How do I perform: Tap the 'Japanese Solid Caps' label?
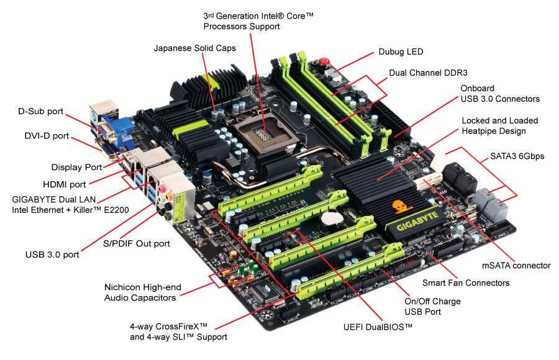point(194,48)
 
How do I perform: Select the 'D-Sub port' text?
point(40,112)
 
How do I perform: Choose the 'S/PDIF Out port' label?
point(136,244)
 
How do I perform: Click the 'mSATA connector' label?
point(516,265)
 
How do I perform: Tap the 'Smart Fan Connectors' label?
point(466,282)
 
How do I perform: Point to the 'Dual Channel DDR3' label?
point(428,73)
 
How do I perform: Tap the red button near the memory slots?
point(324,63)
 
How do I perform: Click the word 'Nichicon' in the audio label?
point(123,287)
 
